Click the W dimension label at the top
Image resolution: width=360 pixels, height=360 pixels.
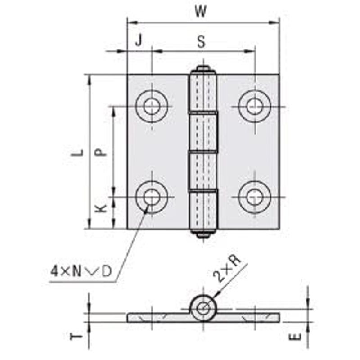(x=200, y=11)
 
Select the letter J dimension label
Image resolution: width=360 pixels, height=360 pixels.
(x=139, y=41)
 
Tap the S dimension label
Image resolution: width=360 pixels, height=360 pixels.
(x=201, y=42)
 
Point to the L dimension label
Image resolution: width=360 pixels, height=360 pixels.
(x=77, y=153)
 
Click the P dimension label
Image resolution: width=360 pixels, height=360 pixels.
(x=101, y=152)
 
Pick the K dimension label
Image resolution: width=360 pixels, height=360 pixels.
(x=101, y=208)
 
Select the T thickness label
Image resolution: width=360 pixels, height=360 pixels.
(x=76, y=337)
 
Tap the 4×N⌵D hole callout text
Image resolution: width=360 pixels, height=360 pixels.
(x=81, y=272)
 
